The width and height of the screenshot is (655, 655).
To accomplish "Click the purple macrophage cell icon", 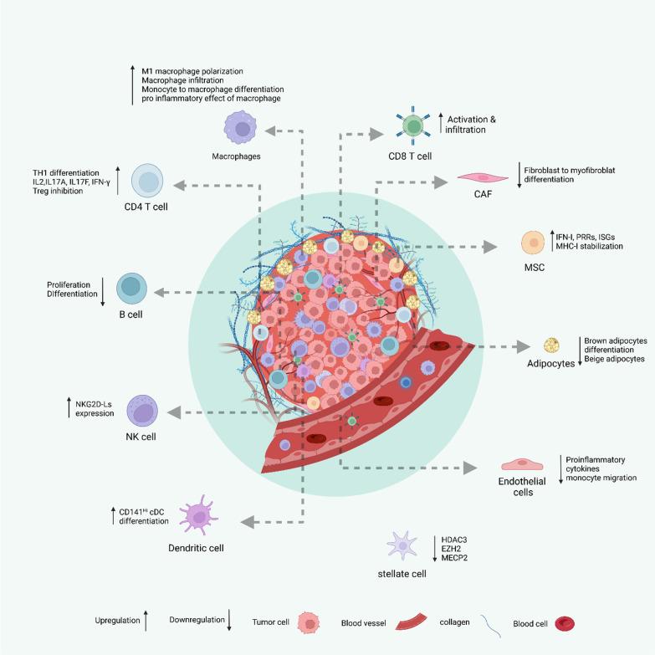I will click(240, 130).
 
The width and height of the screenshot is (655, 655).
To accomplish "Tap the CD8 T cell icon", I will click(412, 127).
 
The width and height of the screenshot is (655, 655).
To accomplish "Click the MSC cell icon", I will click(534, 245).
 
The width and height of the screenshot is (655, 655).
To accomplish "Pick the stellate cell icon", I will click(403, 547).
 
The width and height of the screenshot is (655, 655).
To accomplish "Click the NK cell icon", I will click(143, 411).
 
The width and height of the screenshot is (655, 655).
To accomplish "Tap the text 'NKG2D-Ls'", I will click(95, 403).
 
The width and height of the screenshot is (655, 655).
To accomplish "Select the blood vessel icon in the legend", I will click(409, 622).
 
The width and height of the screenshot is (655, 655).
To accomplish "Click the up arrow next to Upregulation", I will click(145, 621).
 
